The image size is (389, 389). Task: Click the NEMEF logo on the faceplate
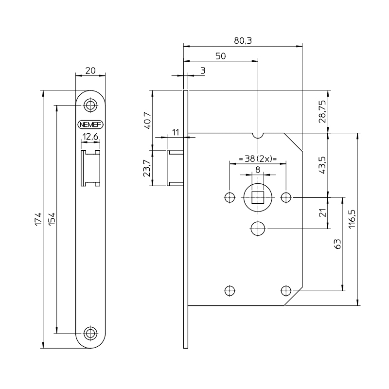90,124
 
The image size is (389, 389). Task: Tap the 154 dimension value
52,219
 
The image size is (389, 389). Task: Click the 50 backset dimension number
220,56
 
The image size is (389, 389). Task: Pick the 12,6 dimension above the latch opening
90,137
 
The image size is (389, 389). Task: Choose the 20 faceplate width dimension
90,70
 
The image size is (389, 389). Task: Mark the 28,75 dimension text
322,111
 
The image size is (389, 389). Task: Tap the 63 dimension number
338,244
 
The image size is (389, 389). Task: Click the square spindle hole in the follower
258,197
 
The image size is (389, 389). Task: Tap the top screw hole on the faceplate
90,105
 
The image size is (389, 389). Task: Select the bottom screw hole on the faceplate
90,333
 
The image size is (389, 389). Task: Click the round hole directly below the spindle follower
258,228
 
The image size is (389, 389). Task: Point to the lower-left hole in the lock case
230,290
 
